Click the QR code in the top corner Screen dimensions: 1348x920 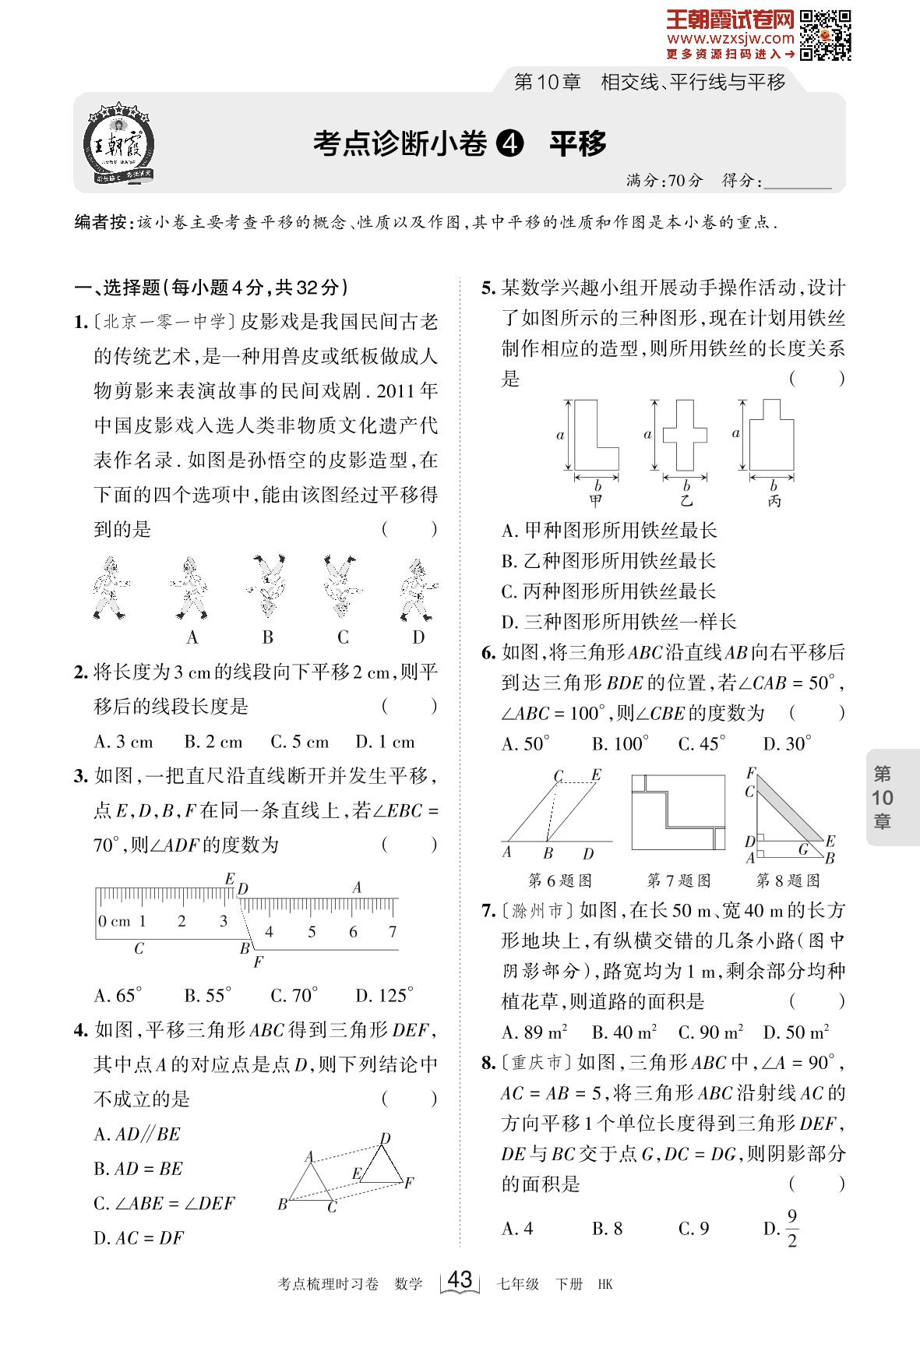825,36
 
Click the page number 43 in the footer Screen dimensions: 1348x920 460,1280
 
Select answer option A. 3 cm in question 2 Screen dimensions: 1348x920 124,742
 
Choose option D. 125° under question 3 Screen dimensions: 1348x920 385,995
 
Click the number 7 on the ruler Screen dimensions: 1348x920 393,931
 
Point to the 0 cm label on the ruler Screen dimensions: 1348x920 115,921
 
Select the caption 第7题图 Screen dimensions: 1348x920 679,880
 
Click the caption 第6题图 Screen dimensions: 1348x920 561,880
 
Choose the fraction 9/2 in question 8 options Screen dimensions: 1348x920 792,1229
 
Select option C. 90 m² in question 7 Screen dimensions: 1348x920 710,1032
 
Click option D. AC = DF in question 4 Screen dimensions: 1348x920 139,1237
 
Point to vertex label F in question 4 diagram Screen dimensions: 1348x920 409,1184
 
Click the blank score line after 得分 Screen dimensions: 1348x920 798,182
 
